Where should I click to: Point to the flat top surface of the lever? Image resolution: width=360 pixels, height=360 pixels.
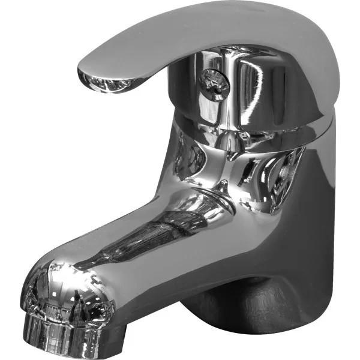(198, 30)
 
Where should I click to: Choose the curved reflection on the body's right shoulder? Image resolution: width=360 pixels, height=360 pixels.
(282, 174)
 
